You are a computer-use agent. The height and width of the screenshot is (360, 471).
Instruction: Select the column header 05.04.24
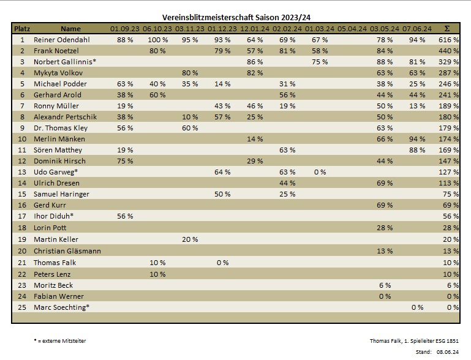click(352, 29)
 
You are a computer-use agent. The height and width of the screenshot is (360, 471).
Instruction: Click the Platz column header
click(22, 29)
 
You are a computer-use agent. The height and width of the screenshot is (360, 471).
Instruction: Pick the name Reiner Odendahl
click(61, 40)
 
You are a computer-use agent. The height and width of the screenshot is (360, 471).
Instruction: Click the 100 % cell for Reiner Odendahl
click(157, 40)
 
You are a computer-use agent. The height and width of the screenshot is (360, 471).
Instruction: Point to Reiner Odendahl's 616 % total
click(449, 40)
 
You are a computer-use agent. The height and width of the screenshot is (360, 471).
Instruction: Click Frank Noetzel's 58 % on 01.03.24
click(320, 51)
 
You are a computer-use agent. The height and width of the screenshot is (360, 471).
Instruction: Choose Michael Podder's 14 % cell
click(222, 84)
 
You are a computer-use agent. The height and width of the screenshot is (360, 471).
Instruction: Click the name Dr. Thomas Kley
click(61, 128)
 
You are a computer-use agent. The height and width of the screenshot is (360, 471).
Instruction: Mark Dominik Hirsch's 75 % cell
click(125, 161)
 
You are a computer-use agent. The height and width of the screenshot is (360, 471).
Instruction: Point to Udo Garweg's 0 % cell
click(320, 172)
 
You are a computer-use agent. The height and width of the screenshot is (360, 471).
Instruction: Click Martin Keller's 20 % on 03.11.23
click(190, 239)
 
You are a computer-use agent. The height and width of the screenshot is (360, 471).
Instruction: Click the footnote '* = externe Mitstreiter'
click(60, 340)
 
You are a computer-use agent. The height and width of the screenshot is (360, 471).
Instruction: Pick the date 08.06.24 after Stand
click(448, 351)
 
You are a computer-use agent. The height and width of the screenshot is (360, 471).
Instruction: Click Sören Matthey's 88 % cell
click(417, 150)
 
